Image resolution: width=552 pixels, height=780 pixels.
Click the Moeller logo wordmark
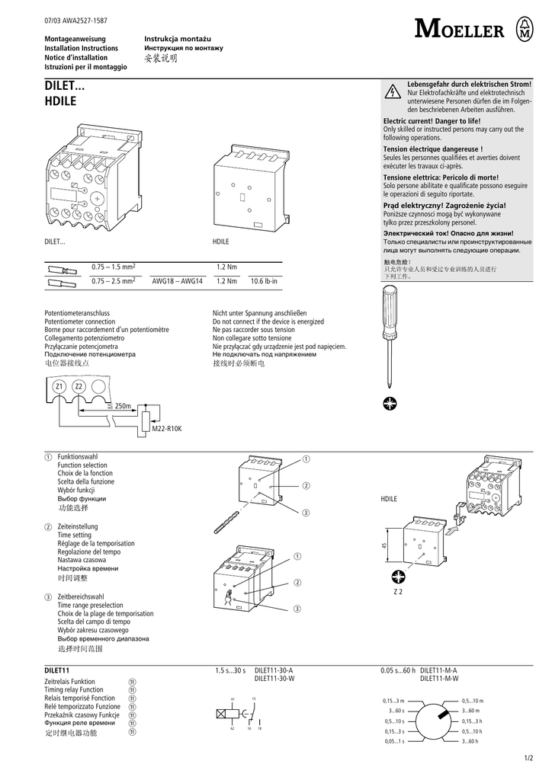coord(459,30)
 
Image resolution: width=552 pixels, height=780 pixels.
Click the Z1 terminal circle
coord(59,388)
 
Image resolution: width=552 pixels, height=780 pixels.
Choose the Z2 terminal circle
coord(79,388)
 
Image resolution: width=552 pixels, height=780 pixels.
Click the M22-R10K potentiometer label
coord(167,430)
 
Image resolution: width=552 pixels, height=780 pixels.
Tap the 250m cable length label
coord(122,406)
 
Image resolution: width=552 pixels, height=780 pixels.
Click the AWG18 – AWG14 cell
coord(177,281)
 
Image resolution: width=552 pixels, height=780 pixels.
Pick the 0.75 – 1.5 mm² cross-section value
coord(113,267)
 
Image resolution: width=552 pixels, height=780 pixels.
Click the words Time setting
coord(74,535)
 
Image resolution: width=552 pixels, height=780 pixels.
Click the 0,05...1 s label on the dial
coord(394,740)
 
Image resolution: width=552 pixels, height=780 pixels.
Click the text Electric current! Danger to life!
coord(432,122)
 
